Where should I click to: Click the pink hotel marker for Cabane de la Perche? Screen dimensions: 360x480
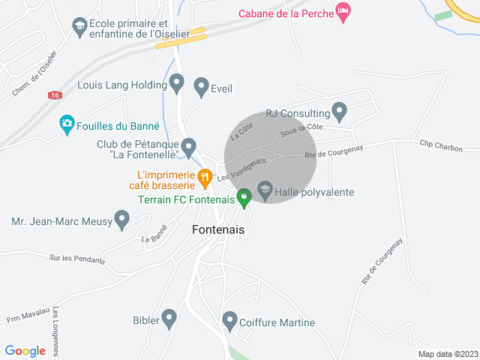tap(343, 11)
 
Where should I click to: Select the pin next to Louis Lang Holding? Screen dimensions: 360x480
tap(177, 83)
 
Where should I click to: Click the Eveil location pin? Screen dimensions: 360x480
tap(201, 86)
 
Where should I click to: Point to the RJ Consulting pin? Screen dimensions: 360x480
tap(339, 112)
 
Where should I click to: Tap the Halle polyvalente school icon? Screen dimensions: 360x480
tap(265, 190)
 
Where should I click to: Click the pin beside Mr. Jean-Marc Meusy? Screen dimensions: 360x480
tap(121, 220)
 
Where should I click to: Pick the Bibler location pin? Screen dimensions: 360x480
tap(169, 319)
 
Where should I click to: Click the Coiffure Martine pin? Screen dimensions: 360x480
tap(230, 321)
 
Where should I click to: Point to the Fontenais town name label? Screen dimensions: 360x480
tap(218, 230)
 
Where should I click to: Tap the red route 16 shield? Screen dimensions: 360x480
tap(53, 95)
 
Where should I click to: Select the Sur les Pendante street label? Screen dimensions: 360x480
tap(77, 259)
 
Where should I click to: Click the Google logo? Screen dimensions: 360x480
tap(25, 350)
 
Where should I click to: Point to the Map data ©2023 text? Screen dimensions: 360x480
tap(447, 354)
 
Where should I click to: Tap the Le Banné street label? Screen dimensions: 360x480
tap(154, 235)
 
